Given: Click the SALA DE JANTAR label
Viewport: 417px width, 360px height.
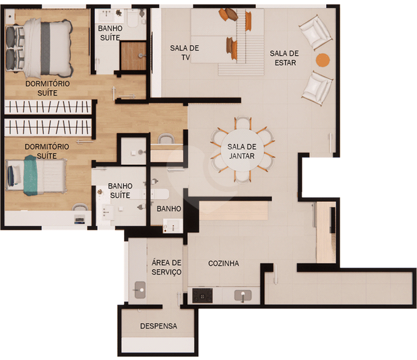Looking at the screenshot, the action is coord(242,151).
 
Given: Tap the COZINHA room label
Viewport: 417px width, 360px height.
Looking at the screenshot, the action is coord(224,263).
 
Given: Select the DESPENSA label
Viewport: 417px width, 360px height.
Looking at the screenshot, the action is coord(158,326).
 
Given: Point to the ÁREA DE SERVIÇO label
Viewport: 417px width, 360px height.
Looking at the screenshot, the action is coord(166,267).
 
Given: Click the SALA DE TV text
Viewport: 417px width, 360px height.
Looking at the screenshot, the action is coord(185,52).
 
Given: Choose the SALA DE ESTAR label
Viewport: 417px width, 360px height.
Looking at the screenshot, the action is coord(284,58).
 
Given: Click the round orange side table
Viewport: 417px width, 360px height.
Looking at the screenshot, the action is coord(323,60).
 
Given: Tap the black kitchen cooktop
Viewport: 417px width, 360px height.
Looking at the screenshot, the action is coord(202,295).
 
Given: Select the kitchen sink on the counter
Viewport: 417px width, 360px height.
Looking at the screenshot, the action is coord(243,295).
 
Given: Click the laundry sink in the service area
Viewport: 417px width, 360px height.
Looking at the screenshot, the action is coord(140,290).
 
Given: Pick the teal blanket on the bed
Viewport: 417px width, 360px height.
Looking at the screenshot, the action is coord(30,176).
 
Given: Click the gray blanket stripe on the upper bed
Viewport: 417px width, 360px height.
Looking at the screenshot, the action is coord(45,48).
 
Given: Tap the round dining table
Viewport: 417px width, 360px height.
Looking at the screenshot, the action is coord(242,151).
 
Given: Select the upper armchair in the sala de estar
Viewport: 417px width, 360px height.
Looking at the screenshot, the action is coord(316,32).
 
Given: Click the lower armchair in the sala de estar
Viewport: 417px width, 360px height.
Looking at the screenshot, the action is coord(317,88).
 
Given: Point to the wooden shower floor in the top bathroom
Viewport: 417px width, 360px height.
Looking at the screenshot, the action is coord(133,56).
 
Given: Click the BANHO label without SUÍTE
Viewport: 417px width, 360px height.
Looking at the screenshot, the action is coord(168,209).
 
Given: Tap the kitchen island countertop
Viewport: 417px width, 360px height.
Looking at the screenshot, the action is coord(234,211).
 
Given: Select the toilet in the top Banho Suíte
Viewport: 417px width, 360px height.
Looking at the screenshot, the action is coord(132,18).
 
